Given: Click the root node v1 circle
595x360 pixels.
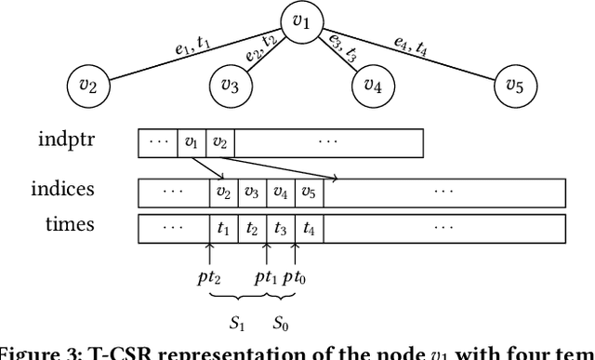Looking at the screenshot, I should tap(298, 20).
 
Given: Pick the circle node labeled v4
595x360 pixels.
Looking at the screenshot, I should tap(373, 86).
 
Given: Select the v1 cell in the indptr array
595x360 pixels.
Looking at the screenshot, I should tap(192, 143).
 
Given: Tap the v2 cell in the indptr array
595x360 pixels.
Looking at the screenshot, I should tap(219, 143).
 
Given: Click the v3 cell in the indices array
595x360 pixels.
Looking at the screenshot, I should tap(251, 193).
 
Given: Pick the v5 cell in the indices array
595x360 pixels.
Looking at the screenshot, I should tap(309, 193).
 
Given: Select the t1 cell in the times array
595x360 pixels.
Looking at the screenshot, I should tap(222, 227).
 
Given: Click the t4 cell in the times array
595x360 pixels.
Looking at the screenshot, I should tap(309, 227).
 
